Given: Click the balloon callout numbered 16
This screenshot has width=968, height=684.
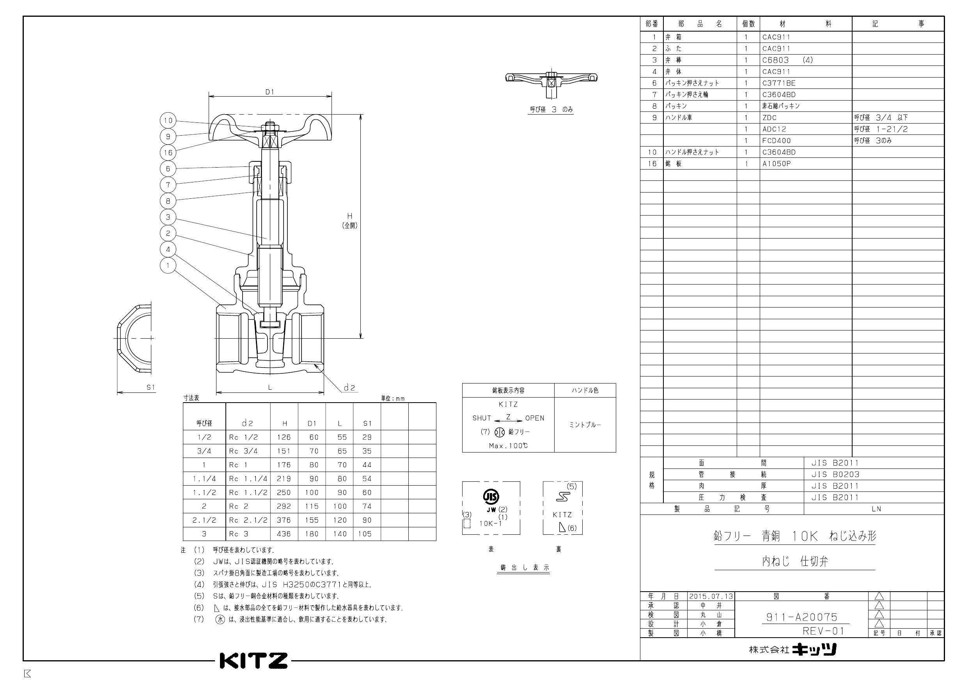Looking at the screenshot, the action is tap(168, 152).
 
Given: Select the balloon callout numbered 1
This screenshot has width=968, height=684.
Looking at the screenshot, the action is tap(168, 265).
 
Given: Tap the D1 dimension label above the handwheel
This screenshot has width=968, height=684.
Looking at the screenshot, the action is tap(270, 92).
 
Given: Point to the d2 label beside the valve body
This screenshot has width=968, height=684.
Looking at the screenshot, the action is tap(349, 387).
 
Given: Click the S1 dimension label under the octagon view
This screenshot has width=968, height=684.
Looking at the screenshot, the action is tap(151, 387).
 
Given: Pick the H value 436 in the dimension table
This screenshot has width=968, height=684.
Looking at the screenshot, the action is tap(284, 534).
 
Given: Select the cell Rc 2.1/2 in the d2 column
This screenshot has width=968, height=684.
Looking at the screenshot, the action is tap(248, 520).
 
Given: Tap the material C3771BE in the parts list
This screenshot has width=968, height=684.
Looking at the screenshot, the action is tap(779, 83).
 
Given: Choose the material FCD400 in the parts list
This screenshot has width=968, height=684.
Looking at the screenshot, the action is tap(776, 141).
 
